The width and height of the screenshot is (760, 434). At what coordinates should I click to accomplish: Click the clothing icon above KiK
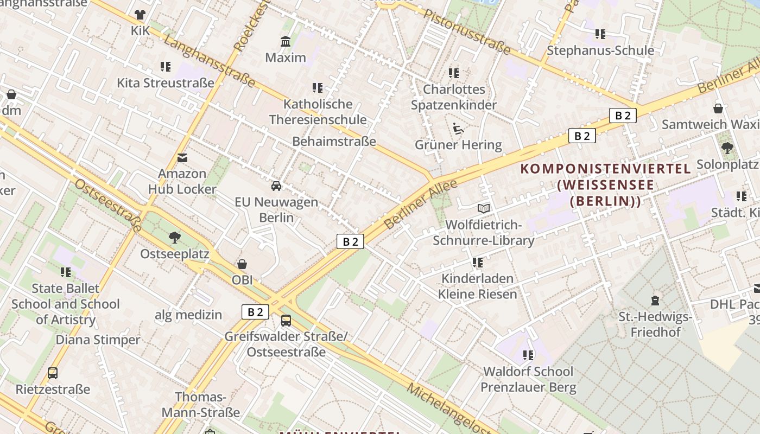point(140,15)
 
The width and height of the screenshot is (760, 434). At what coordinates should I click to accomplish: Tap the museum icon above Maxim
point(286,42)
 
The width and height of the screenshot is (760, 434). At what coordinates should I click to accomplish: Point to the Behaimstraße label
point(334,142)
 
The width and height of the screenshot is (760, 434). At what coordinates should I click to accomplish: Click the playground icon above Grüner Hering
point(459,129)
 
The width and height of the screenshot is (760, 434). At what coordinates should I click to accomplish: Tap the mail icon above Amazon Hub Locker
point(182,158)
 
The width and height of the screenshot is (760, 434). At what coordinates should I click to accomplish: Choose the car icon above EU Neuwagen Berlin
point(276,186)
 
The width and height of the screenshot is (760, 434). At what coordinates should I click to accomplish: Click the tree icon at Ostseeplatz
point(174,238)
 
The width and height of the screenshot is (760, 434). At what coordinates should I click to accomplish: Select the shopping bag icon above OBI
point(242,264)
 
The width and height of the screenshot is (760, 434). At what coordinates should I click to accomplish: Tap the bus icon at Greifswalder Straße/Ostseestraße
point(286,321)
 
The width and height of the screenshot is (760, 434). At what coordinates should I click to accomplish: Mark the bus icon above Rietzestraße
point(53,373)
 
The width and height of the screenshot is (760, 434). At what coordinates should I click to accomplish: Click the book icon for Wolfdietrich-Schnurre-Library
point(483,208)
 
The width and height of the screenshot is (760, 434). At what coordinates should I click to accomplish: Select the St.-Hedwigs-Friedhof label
point(655,324)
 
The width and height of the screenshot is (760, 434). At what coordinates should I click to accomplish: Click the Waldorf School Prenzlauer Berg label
point(528,379)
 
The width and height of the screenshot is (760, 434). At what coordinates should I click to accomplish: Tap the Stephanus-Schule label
point(600,50)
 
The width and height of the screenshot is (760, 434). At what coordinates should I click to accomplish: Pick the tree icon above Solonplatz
point(727,148)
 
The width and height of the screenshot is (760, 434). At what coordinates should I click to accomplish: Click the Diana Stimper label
point(98,340)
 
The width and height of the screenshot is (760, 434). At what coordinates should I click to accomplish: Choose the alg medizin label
point(188,315)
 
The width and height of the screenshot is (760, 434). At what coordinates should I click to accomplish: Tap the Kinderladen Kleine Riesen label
point(478,286)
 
